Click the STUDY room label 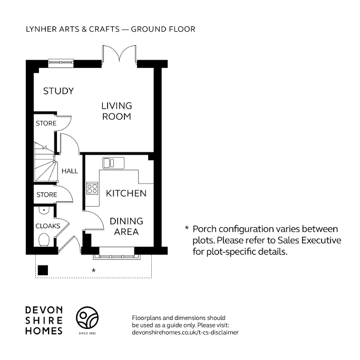[58, 91]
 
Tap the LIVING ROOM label [116, 111]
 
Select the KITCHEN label [127, 193]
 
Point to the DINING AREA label [127, 226]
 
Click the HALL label [70, 171]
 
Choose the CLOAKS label [48, 226]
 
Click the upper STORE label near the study [46, 123]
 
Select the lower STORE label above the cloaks [46, 195]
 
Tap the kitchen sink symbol [113, 162]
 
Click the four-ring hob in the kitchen [92, 188]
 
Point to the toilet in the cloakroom [44, 240]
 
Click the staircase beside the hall [44, 163]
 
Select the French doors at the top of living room [119, 55]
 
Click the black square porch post [43, 270]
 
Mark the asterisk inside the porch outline [93, 270]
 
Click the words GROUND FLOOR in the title [163, 29]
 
